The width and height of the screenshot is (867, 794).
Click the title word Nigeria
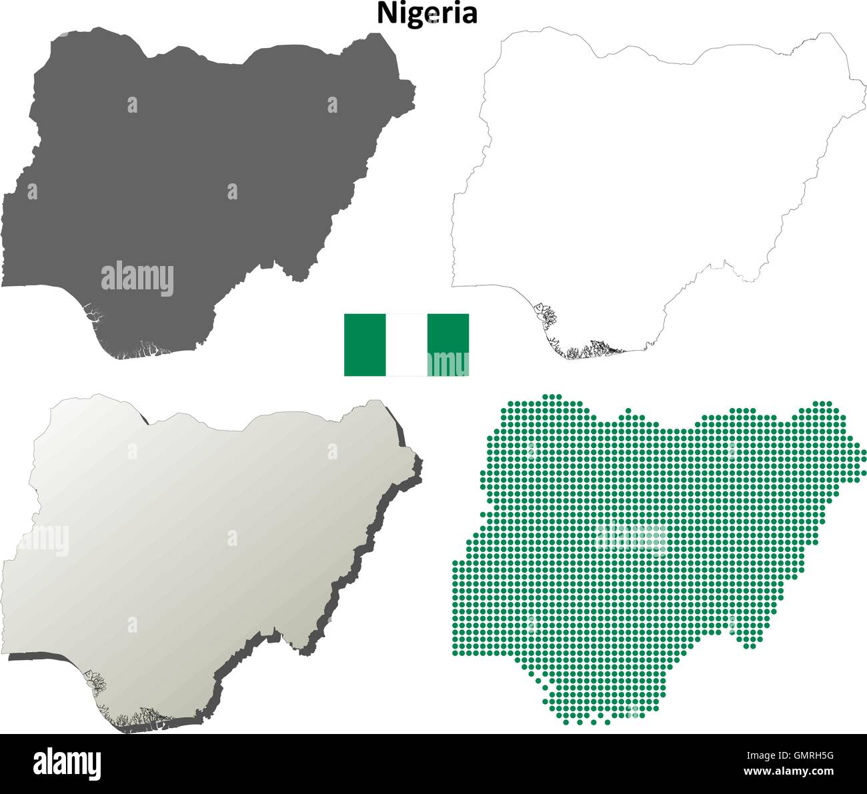(427, 13)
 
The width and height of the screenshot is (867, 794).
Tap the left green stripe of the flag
(364, 345)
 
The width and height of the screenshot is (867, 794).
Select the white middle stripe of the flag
(406, 345)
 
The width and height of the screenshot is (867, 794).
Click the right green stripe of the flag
(448, 345)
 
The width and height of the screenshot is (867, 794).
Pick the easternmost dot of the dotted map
(864, 455)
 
